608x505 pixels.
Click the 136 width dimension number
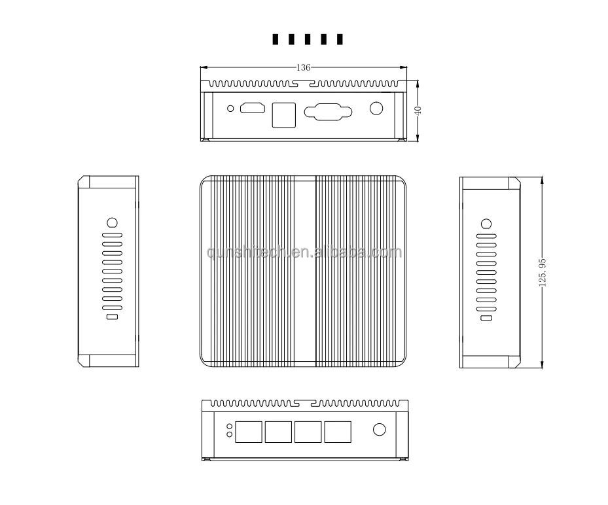click(x=303, y=67)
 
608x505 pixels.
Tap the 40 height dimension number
click(x=418, y=111)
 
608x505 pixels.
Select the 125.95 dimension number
click(x=542, y=271)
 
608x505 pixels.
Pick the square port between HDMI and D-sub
click(x=283, y=114)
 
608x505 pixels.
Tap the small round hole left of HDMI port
click(x=230, y=109)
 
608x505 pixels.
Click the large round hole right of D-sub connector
click(x=376, y=109)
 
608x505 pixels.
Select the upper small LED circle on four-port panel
click(x=229, y=427)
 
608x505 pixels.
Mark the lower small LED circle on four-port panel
click(x=229, y=434)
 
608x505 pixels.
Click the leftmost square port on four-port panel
click(x=249, y=431)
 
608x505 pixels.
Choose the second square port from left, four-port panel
click(x=279, y=431)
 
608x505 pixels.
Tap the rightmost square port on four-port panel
click(x=337, y=431)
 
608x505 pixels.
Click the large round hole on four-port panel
click(x=379, y=430)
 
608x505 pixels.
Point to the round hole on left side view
click(x=112, y=222)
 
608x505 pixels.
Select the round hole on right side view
click(x=486, y=222)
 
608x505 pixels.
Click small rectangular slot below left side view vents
click(x=112, y=317)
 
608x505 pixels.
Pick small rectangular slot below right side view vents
click(x=486, y=317)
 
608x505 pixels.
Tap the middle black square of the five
click(x=308, y=40)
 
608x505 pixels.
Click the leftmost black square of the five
click(x=276, y=40)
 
